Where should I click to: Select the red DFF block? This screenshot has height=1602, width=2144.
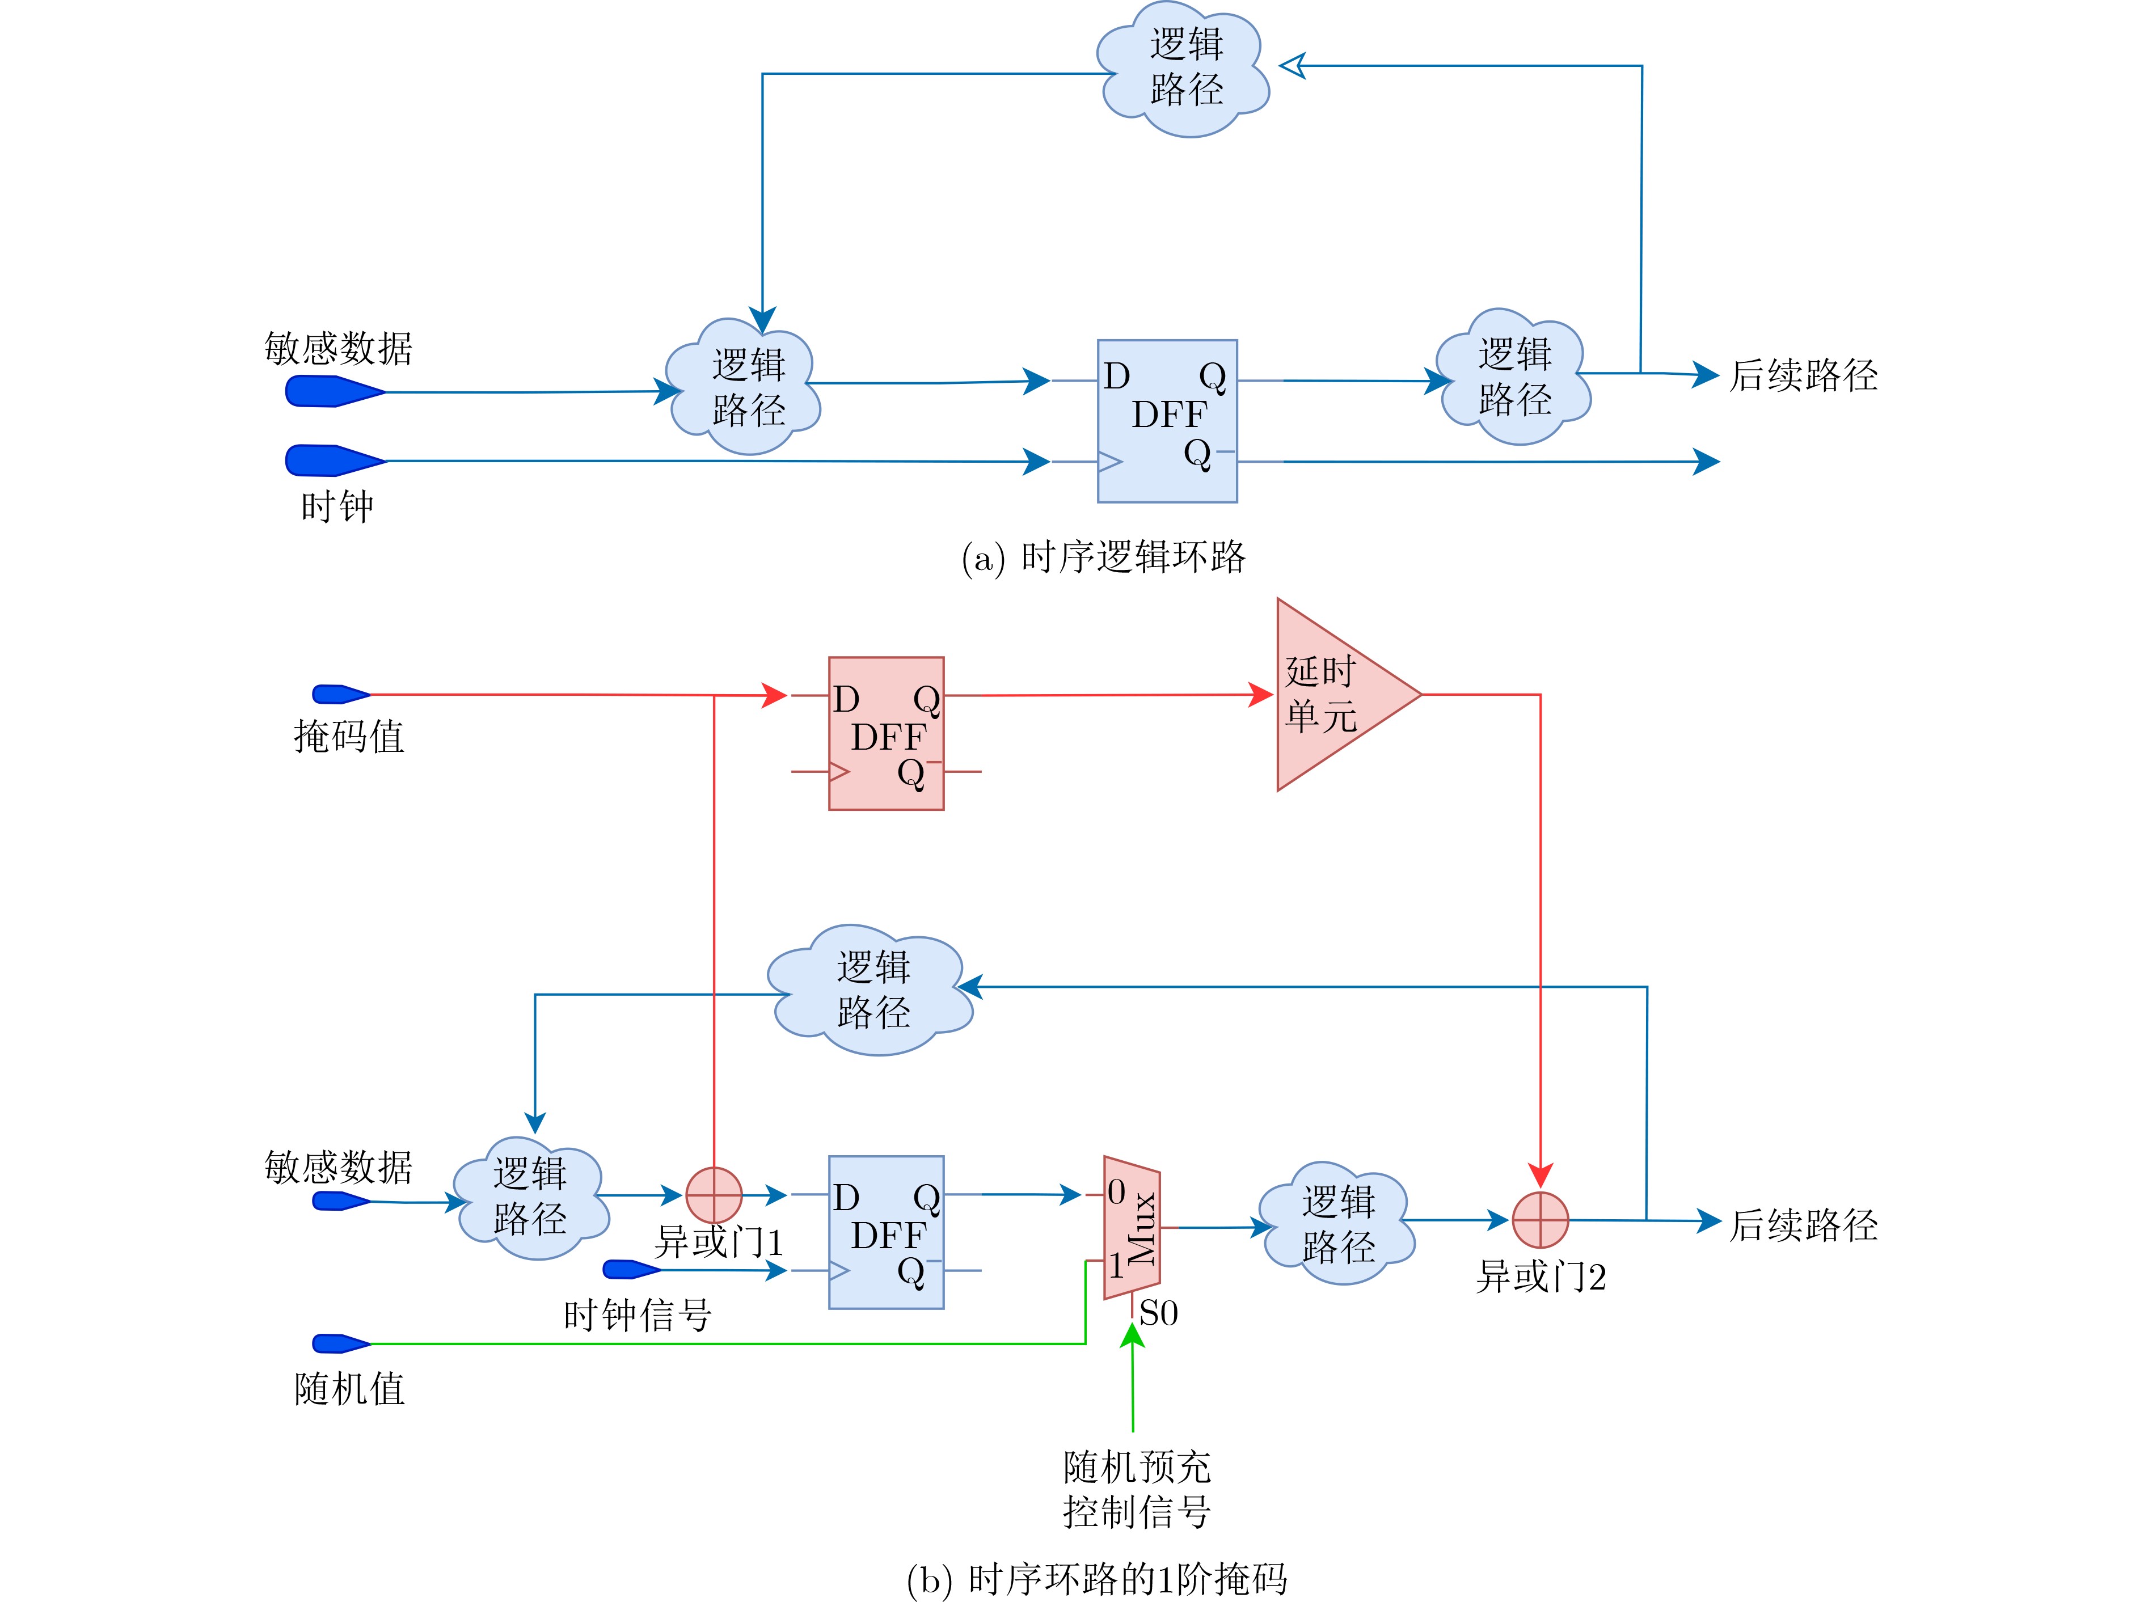[886, 734]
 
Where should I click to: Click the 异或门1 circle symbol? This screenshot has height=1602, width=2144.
[714, 1195]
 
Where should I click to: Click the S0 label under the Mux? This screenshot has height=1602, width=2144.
[1158, 1314]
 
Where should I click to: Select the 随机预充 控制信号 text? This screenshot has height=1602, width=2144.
[1137, 1490]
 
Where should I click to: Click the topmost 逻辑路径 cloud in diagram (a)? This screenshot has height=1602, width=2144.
[1184, 68]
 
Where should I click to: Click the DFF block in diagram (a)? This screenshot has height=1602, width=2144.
[1167, 421]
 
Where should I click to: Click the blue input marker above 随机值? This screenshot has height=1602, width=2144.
[339, 1343]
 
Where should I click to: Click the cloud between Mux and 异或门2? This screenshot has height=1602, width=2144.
[1337, 1225]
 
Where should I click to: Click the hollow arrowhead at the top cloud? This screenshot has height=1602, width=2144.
[1293, 66]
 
